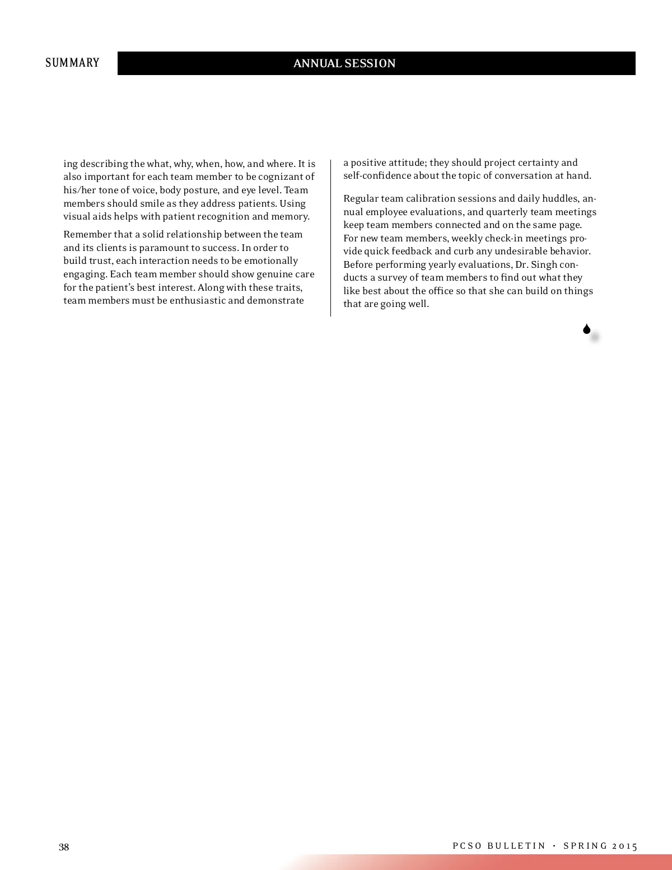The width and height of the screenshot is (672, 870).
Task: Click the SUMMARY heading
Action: pos(72,63)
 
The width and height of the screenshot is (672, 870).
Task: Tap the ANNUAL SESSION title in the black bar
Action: pos(344,63)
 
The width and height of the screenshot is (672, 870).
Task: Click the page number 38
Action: pos(64,846)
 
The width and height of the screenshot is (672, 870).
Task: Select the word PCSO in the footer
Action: pos(467,846)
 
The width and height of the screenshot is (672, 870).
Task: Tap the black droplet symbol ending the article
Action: pos(586,329)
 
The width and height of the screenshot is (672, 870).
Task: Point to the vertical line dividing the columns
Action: pos(330,238)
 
